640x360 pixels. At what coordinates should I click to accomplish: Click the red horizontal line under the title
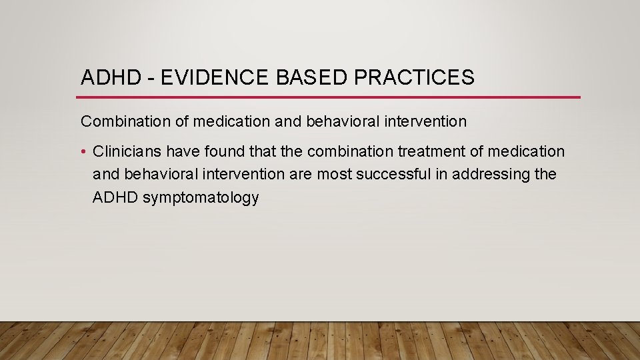[x=330, y=97]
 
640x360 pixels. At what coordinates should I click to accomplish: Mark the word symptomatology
[x=201, y=198]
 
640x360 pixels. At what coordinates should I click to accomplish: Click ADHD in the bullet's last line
[x=115, y=198]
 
